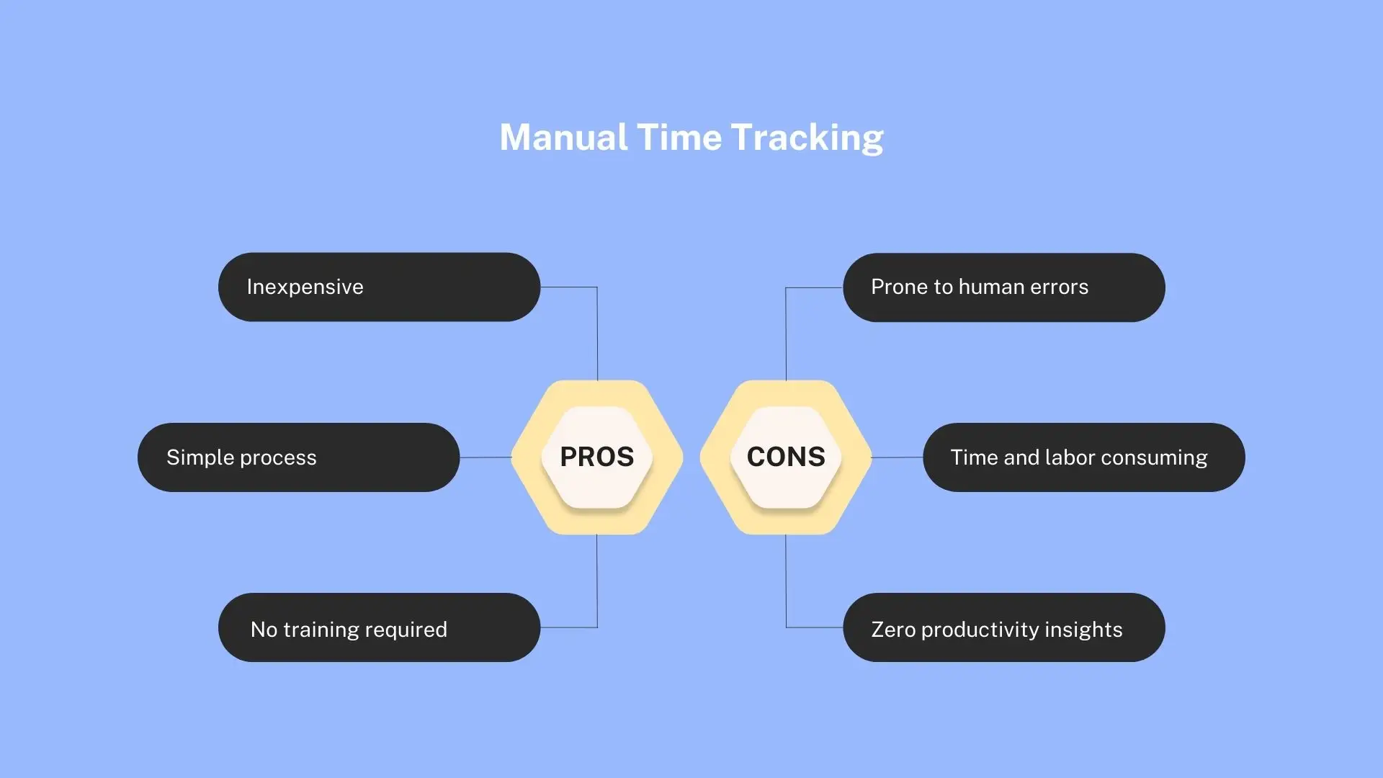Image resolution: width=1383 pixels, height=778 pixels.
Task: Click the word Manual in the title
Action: (563, 137)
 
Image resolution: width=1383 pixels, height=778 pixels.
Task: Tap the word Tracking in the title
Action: (807, 138)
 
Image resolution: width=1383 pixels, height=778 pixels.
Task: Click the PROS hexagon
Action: (597, 457)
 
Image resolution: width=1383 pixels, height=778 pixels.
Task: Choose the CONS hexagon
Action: (786, 457)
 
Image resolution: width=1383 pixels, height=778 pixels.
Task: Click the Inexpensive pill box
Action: (379, 287)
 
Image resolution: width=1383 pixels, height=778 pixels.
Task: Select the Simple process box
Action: (298, 457)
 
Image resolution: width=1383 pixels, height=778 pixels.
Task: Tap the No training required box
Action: (379, 627)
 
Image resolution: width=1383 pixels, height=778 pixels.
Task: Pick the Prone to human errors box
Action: (1004, 287)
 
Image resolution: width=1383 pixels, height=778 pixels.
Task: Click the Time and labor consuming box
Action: (1084, 457)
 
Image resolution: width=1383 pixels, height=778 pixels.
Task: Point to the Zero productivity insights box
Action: (1004, 627)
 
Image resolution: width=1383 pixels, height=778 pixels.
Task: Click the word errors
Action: (1059, 287)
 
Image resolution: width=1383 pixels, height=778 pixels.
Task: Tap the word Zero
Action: (893, 630)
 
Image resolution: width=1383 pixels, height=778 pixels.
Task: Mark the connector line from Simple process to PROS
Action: (485, 457)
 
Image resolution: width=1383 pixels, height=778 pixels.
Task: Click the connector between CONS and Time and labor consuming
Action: (898, 457)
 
